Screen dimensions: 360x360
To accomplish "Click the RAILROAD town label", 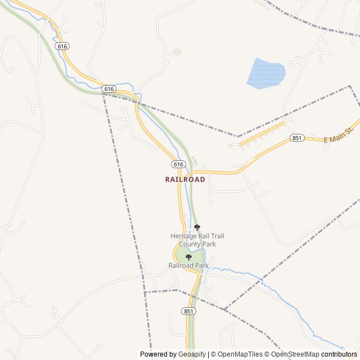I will point(185,179).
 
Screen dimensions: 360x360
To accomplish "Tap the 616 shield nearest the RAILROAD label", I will point(178,164).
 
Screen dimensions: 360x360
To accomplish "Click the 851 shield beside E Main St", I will point(298,138).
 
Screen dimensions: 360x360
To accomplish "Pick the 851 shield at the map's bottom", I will point(188,311).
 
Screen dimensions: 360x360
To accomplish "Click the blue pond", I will point(266,73).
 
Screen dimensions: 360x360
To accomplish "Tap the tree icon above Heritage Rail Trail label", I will point(197,227).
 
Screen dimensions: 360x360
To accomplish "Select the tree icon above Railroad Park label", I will point(188,257).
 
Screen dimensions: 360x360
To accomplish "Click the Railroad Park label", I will point(188,265).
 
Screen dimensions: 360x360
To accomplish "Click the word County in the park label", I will point(189,244).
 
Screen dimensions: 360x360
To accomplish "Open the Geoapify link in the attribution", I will point(192,354).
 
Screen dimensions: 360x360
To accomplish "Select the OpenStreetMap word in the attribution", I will point(295,354).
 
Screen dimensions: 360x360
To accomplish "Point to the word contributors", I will point(339,354).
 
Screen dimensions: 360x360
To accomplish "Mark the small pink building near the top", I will point(177,52).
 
